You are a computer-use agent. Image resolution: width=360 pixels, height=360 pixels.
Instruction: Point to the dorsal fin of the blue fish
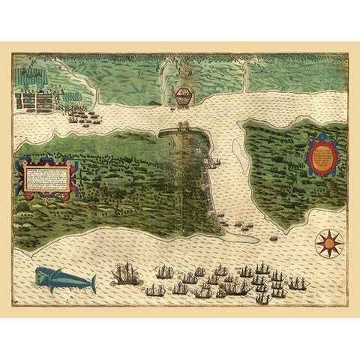[x=66, y=270]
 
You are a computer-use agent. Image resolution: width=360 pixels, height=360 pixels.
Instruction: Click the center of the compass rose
[x=328, y=242]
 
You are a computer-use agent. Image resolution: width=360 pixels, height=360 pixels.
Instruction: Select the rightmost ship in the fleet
[x=298, y=283]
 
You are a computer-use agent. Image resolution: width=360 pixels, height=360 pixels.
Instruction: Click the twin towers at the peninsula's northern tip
[x=184, y=129]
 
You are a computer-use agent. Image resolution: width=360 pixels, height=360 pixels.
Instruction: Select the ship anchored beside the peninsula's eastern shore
[x=215, y=162]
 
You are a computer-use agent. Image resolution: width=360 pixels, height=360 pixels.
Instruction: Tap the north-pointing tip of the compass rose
[x=328, y=229]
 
